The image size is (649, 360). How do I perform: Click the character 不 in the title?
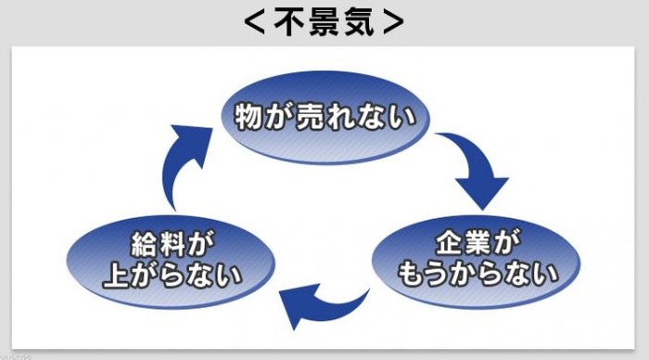(289, 22)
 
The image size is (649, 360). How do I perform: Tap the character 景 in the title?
(324, 22)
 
